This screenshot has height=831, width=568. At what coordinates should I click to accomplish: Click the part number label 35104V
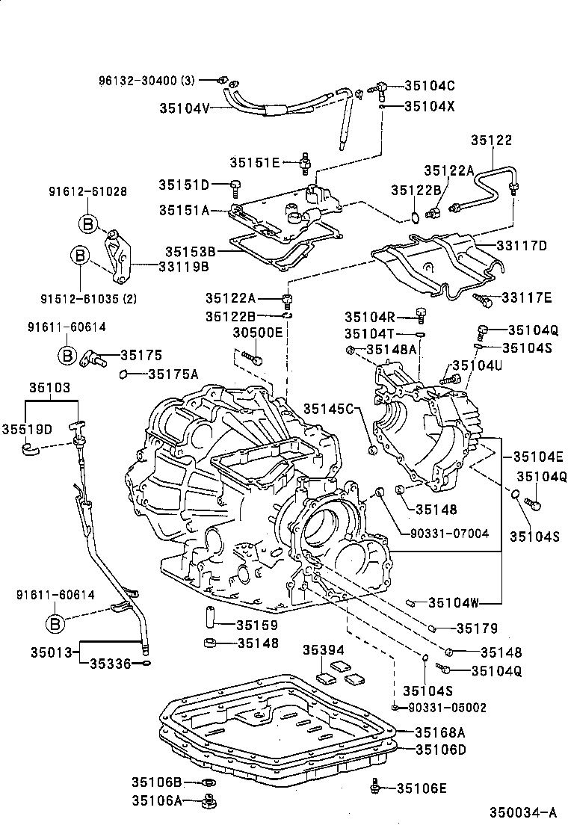tap(184, 108)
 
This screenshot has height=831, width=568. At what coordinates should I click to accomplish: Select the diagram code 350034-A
tap(522, 812)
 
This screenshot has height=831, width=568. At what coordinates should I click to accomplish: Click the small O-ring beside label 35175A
tap(125, 374)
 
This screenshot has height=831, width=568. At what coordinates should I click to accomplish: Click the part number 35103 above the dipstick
tap(50, 388)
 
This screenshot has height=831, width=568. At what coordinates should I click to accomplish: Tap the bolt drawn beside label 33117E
tap(484, 300)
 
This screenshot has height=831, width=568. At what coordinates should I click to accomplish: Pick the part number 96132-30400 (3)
tap(146, 79)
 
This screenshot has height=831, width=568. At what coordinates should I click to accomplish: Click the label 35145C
tap(328, 409)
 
